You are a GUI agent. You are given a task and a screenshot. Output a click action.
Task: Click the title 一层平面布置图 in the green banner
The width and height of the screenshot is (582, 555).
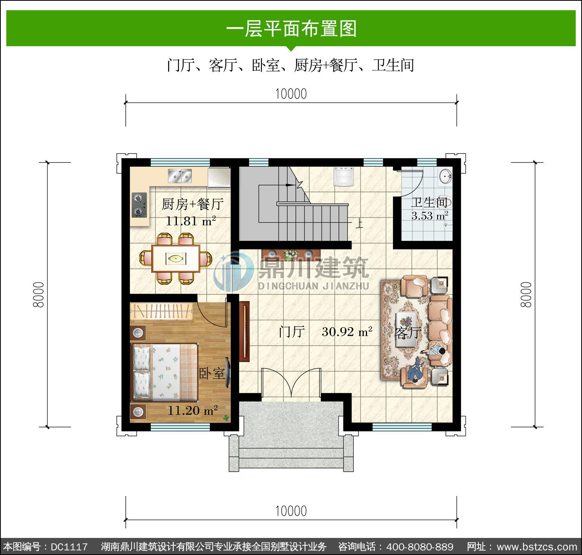click(291, 29)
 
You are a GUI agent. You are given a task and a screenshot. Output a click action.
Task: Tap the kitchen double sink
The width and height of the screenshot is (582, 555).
click(180, 176)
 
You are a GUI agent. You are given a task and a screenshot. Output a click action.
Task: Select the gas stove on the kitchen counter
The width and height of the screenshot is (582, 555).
click(139, 205)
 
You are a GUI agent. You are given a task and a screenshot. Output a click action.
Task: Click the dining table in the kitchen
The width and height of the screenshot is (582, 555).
click(175, 258)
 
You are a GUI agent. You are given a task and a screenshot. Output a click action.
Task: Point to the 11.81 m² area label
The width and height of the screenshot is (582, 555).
click(191, 221)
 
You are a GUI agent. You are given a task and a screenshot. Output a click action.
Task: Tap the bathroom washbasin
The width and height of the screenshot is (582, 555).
click(445, 176)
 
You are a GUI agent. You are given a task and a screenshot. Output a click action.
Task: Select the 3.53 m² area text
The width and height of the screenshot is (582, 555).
click(430, 216)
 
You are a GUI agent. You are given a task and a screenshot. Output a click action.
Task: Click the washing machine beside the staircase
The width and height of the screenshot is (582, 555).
click(343, 176)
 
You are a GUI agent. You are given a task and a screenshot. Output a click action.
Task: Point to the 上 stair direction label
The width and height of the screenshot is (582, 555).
click(359, 223)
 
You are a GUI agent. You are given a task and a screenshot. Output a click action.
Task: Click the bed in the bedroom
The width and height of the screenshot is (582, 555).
click(165, 372)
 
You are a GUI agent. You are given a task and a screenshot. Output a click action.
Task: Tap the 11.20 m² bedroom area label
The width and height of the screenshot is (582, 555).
click(193, 410)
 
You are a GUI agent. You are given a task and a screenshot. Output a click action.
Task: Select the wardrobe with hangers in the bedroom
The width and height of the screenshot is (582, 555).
click(161, 311)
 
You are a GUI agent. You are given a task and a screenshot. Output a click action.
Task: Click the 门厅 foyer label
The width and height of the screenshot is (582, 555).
click(292, 332)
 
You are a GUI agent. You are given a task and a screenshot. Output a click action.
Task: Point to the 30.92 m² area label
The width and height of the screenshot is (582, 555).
click(346, 332)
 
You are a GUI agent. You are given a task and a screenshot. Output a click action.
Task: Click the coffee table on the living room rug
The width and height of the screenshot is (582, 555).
click(407, 329)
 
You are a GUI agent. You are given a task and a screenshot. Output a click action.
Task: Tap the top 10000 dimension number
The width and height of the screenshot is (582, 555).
click(291, 94)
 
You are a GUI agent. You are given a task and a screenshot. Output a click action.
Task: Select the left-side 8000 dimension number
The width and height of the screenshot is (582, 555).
click(39, 294)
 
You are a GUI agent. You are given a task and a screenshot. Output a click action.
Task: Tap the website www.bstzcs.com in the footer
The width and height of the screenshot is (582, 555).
click(537, 547)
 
